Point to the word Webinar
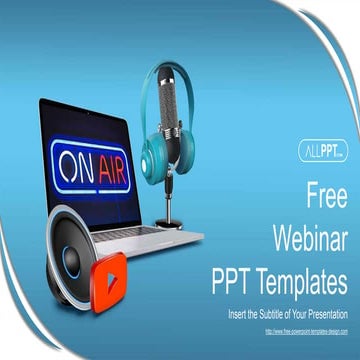(x=309, y=236)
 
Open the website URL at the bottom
(x=306, y=331)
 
